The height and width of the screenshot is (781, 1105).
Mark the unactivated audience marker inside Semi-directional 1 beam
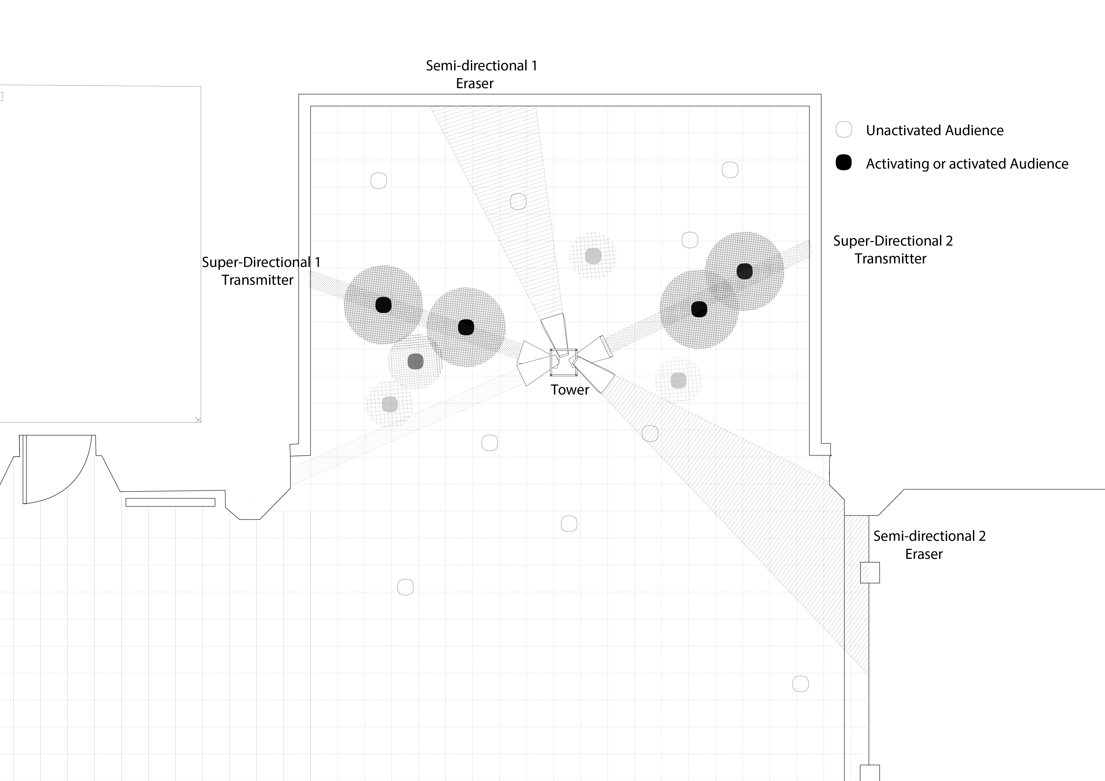pos(518,201)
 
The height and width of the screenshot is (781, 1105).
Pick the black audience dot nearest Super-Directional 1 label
pos(383,305)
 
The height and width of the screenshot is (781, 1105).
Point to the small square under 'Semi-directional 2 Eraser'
pos(870,572)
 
